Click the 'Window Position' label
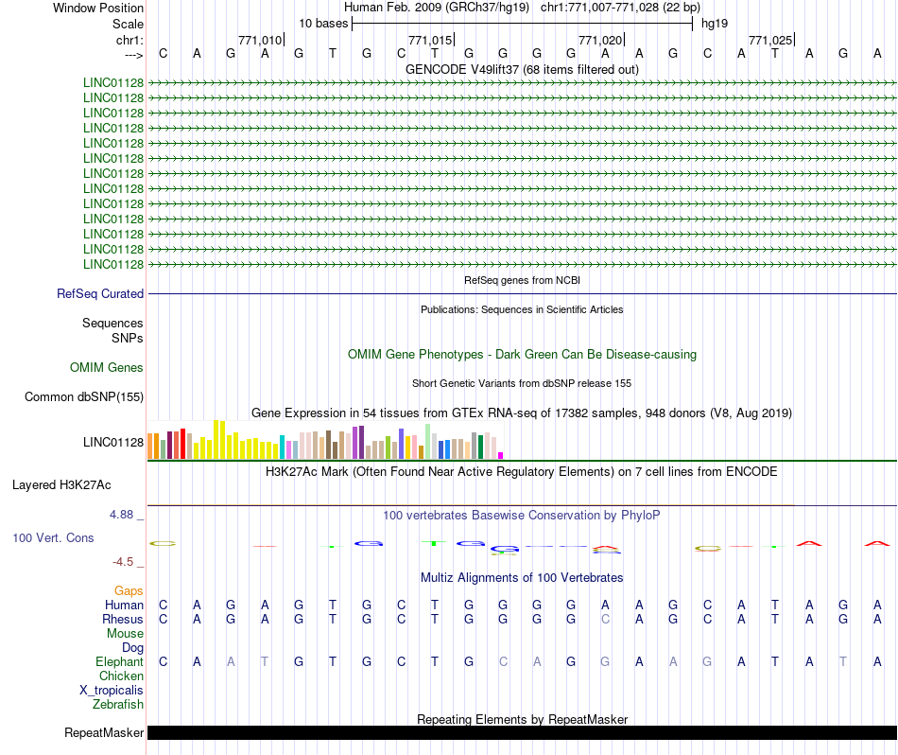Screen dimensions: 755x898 (98, 8)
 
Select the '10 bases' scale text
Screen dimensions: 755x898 (323, 23)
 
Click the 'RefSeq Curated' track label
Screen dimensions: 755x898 (100, 294)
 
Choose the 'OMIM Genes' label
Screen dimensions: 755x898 (107, 368)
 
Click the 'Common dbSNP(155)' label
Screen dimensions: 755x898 (84, 397)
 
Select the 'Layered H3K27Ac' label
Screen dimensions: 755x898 (61, 485)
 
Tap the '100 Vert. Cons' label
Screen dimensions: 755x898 (53, 537)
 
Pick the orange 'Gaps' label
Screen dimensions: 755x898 (129, 591)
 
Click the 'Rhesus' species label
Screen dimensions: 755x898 (123, 620)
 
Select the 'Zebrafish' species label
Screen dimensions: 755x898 (118, 705)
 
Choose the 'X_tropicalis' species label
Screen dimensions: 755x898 (112, 691)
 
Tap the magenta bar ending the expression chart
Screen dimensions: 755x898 (501, 455)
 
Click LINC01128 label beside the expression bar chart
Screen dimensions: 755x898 (113, 442)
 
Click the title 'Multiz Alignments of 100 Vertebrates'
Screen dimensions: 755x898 (522, 577)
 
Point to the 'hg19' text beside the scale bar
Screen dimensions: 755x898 (714, 23)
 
